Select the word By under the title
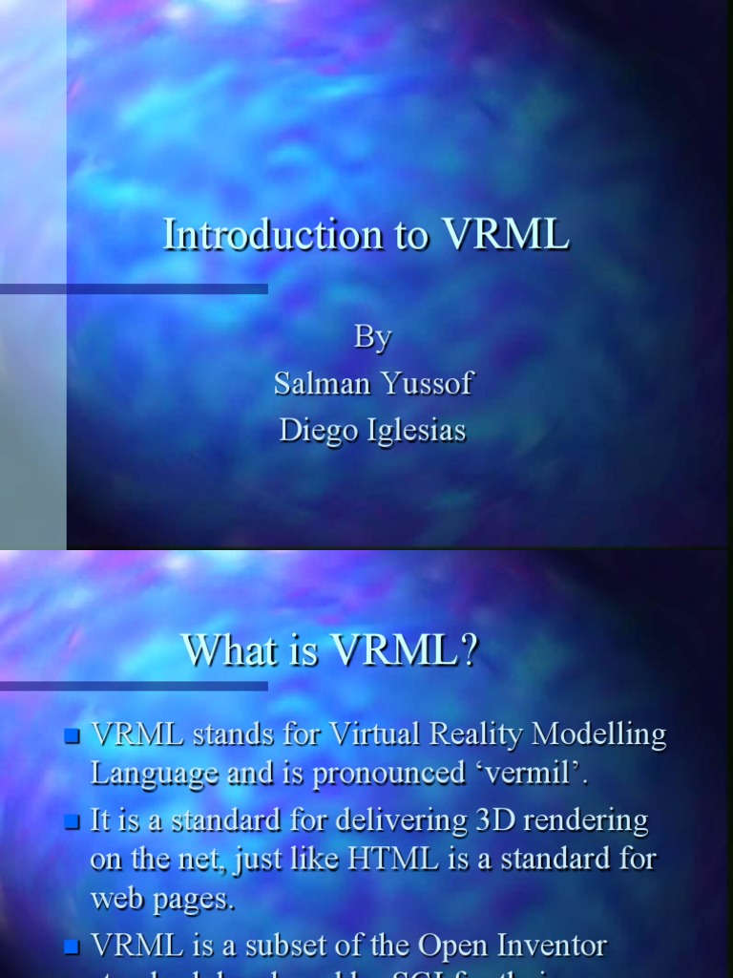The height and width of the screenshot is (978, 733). point(372,337)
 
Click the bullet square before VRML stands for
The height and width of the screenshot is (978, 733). point(71,735)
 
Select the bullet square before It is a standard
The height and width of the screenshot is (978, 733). point(71,821)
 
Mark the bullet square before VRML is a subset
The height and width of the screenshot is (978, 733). point(71,947)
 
